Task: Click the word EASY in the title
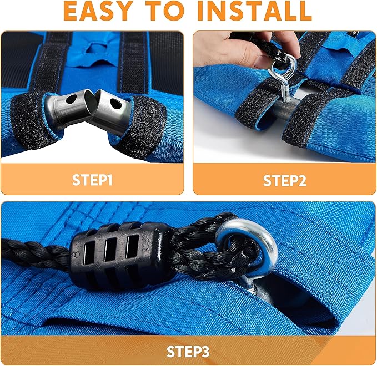(99, 11)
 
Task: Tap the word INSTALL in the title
(254, 11)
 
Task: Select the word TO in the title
(165, 11)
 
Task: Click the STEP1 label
(92, 180)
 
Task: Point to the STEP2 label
(285, 181)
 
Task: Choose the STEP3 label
(188, 352)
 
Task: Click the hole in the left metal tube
(72, 99)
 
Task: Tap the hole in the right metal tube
(116, 103)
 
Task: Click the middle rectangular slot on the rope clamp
(111, 250)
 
